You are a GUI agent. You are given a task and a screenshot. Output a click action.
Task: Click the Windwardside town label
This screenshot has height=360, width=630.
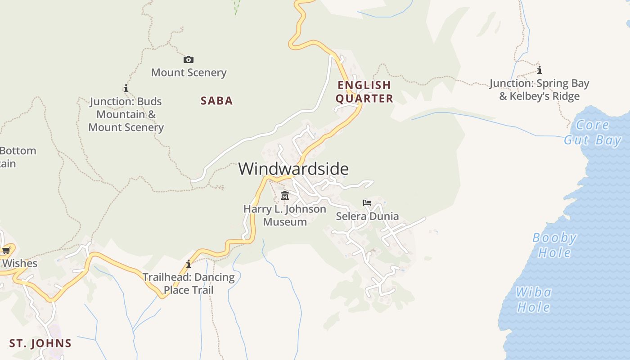(293, 169)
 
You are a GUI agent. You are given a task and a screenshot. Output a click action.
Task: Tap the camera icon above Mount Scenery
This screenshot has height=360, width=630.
(189, 59)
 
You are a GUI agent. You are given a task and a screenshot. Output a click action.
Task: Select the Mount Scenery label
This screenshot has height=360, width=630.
(189, 72)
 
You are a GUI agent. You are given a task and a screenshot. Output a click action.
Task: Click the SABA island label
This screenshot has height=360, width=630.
(217, 101)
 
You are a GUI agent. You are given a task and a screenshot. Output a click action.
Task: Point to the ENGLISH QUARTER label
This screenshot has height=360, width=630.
(364, 92)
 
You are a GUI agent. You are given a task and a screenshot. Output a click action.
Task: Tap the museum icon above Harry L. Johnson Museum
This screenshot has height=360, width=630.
(285, 196)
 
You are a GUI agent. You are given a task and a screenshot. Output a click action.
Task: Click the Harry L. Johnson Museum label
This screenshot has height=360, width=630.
(285, 215)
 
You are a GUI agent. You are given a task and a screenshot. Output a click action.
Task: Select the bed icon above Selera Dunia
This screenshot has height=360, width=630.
(367, 203)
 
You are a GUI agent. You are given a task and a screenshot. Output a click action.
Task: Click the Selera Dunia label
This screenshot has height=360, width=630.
(367, 216)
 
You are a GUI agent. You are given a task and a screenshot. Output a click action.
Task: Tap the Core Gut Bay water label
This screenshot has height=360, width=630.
(593, 132)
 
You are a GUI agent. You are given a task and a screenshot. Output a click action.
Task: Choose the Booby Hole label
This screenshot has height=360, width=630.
(554, 245)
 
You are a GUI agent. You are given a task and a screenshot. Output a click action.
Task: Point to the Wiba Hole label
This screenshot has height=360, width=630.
(534, 300)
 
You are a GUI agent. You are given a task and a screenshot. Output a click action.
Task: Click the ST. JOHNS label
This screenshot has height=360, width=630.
(40, 343)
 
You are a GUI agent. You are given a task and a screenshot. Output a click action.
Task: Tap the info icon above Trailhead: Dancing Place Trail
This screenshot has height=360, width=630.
(189, 264)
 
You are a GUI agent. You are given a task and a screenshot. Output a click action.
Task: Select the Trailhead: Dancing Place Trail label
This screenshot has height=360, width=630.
(189, 283)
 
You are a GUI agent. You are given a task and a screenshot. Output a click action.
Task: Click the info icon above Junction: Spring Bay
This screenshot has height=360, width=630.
(539, 70)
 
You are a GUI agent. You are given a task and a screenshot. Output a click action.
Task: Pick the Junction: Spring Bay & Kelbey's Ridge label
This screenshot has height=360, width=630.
(539, 90)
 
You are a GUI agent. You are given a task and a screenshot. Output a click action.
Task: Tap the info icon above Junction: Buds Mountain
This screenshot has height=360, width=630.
(126, 88)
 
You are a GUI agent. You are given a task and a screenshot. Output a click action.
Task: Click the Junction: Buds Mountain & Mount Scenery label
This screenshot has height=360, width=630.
(126, 114)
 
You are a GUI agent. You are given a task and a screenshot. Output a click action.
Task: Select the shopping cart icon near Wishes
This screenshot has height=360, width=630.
(6, 250)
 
